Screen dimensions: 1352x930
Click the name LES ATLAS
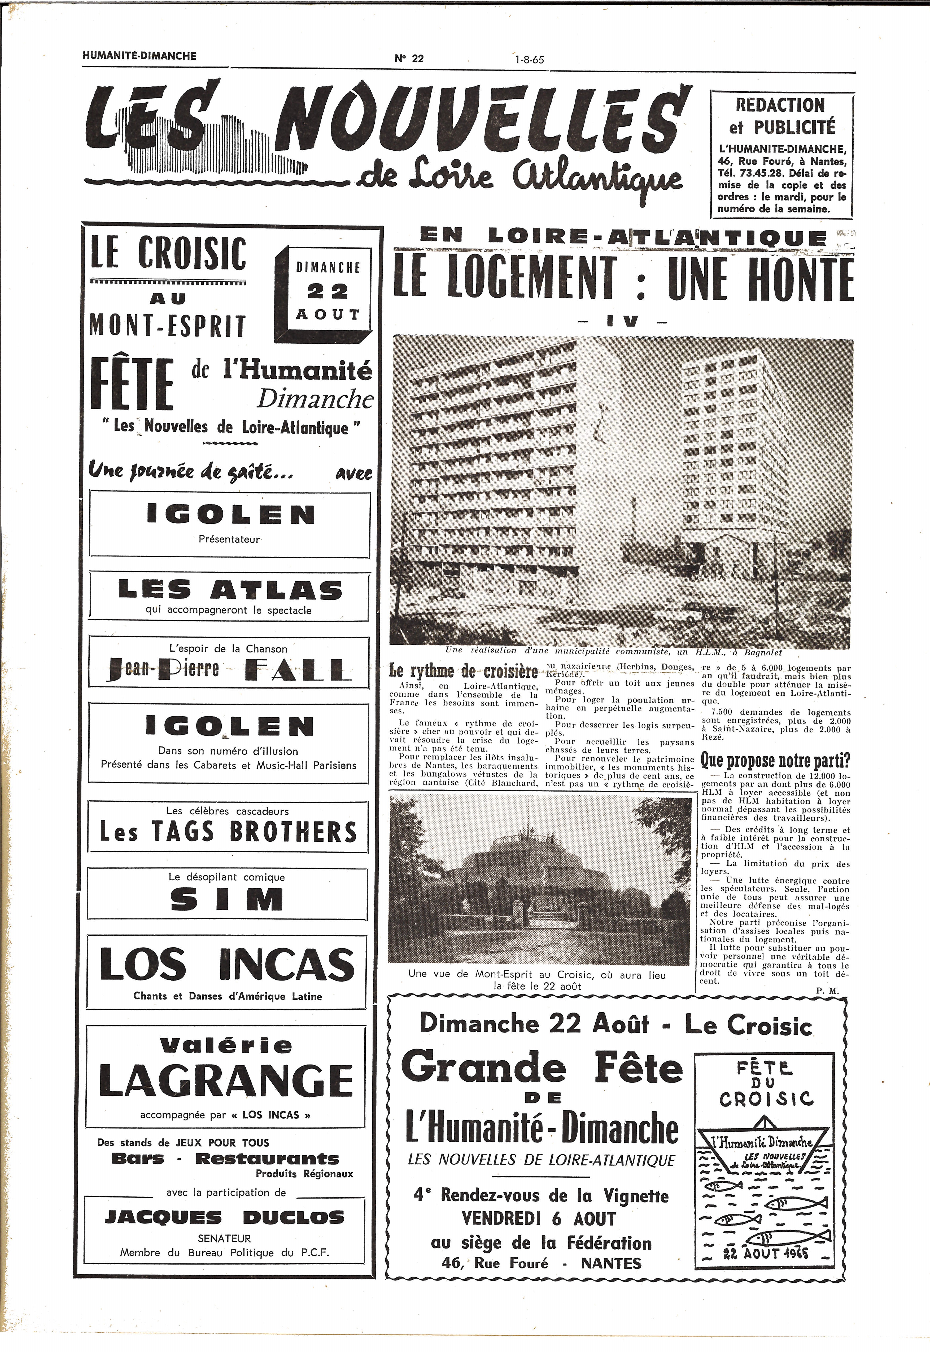tap(230, 591)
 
